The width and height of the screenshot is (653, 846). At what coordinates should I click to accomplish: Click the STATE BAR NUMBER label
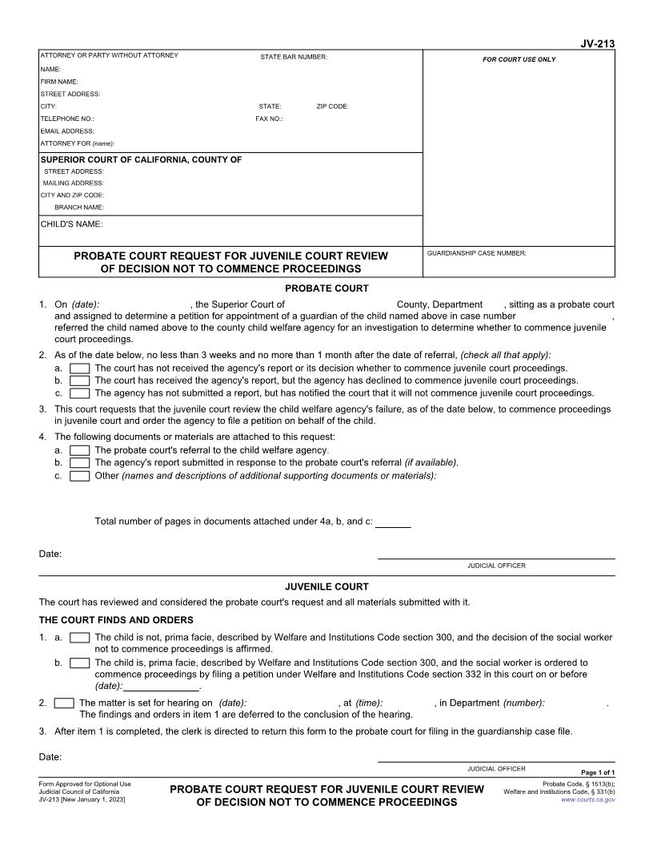294,57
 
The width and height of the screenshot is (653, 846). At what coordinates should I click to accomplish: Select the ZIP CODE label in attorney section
332,107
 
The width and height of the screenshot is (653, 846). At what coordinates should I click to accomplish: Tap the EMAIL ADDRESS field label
67,131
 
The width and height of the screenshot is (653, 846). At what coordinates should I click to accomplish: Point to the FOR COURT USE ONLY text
519,59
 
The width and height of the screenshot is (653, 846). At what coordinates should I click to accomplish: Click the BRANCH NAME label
79,207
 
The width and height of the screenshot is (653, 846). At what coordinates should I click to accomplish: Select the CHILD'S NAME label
71,224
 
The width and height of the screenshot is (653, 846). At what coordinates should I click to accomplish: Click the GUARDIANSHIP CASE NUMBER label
477,253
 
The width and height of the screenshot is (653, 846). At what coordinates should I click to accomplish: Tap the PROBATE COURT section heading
326,288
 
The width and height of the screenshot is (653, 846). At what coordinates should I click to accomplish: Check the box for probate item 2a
79,369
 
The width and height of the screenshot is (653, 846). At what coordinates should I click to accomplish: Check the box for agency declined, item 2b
79,381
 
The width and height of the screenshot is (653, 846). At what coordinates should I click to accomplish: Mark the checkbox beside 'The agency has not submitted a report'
79,393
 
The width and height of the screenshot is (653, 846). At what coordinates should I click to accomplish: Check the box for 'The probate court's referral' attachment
79,450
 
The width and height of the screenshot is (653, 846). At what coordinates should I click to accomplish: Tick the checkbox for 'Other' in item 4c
79,476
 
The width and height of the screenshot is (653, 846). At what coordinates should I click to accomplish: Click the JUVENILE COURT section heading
326,586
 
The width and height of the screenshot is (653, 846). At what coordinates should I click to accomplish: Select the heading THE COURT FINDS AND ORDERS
116,620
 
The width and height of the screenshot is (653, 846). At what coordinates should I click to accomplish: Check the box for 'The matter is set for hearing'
63,703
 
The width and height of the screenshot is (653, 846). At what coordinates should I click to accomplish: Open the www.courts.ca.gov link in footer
588,800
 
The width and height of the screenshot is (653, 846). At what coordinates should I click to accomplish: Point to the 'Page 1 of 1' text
598,772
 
